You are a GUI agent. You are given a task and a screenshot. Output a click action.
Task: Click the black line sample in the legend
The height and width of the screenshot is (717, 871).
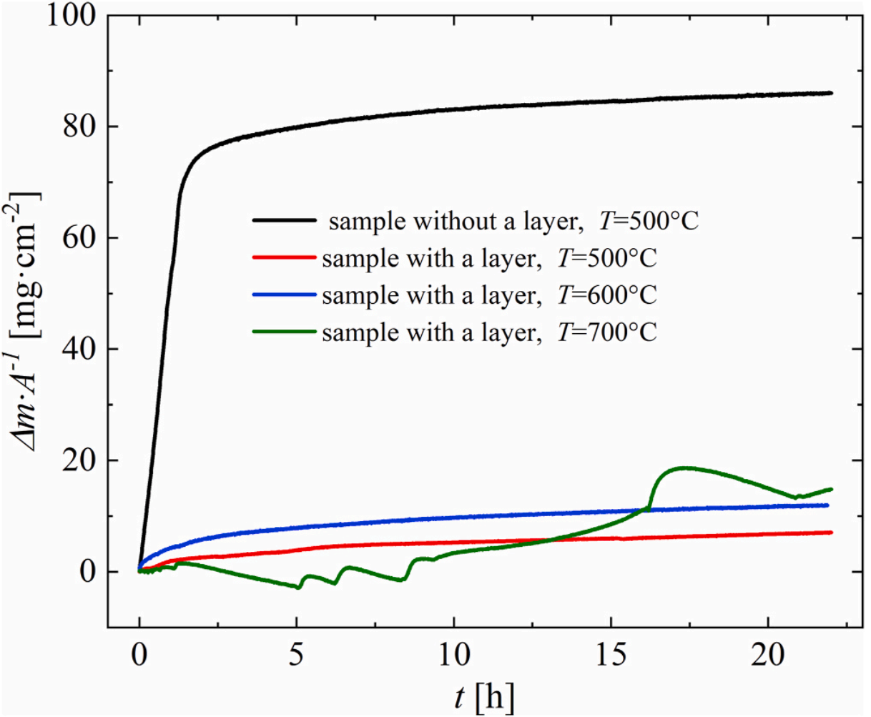[284, 221]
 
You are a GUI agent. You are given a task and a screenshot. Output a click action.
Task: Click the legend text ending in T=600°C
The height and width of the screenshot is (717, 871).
[489, 295]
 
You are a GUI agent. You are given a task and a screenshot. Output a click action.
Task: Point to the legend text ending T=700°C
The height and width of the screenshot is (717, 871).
[489, 332]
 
